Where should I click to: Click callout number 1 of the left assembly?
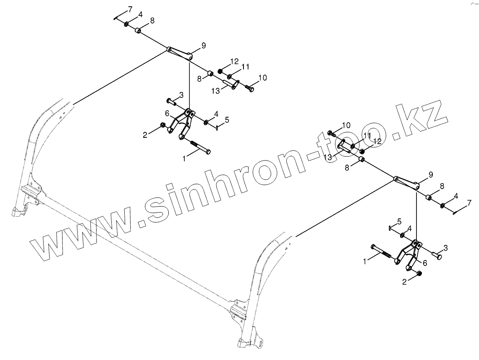pyautogui.click(x=184, y=159)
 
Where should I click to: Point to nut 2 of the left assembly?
pyautogui.click(x=163, y=125)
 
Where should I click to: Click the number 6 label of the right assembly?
pyautogui.click(x=425, y=263)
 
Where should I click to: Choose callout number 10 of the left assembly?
pyautogui.click(x=262, y=78)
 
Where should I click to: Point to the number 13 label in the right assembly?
pyautogui.click(x=328, y=157)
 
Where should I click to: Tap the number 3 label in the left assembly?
pyautogui.click(x=181, y=95)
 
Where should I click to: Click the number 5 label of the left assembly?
pyautogui.click(x=227, y=120)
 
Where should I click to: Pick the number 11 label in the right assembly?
pyautogui.click(x=367, y=135)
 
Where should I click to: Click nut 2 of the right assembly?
pyautogui.click(x=419, y=273)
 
